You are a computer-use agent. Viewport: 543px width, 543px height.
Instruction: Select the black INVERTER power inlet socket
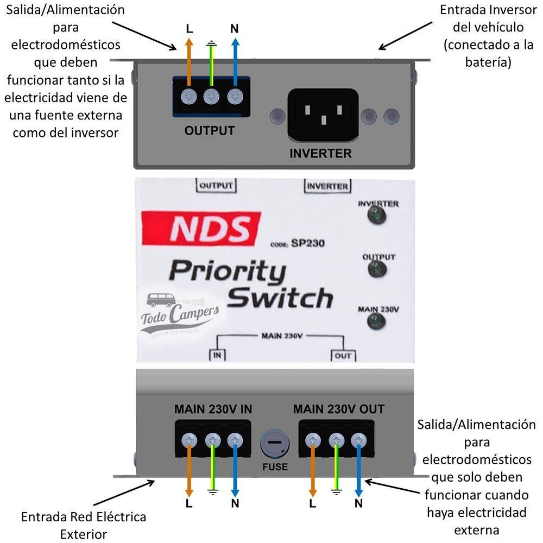click(323, 115)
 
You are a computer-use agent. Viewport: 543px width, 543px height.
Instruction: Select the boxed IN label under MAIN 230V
click(218, 356)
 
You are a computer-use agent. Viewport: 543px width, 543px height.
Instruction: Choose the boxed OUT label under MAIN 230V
click(343, 356)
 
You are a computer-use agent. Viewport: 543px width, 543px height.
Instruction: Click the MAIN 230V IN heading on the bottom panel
click(213, 409)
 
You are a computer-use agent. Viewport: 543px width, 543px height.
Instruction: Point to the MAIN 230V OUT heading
click(338, 409)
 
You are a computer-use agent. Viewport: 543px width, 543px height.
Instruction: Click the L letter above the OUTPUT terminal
click(189, 29)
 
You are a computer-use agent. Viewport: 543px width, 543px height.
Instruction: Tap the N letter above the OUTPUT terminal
click(234, 29)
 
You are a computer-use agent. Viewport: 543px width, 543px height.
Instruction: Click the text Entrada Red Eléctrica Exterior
click(84, 525)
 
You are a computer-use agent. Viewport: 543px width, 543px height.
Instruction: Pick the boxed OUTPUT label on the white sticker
click(216, 185)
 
